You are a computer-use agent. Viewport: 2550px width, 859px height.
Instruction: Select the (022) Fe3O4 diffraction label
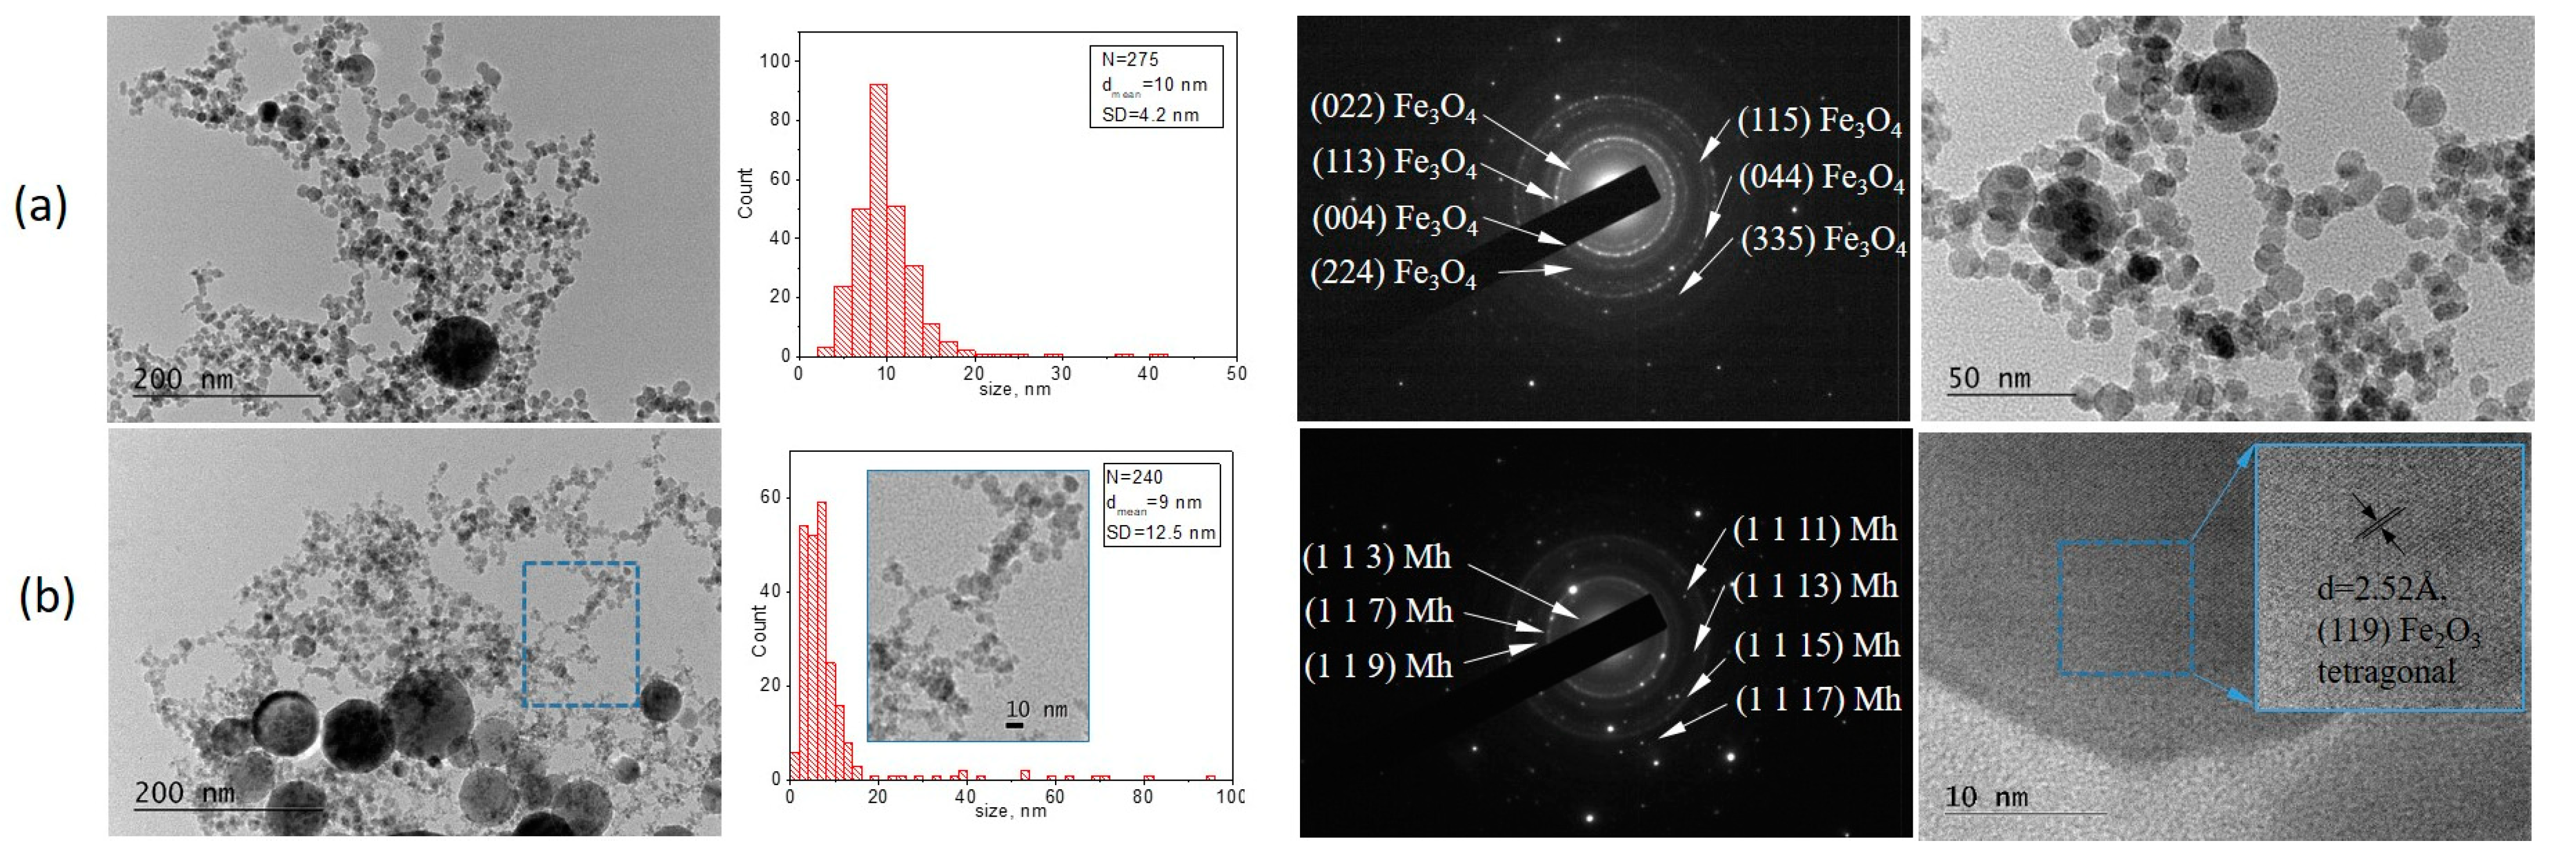point(1393,108)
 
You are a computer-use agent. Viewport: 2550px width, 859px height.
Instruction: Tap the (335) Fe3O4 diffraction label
point(1823,240)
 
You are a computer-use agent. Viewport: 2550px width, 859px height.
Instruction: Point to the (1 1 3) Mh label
point(1377,557)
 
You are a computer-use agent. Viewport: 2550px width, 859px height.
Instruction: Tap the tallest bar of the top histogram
point(877,218)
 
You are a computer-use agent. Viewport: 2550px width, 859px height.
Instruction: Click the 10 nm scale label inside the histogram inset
point(1036,710)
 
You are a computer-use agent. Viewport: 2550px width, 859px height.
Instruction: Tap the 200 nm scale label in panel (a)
point(183,379)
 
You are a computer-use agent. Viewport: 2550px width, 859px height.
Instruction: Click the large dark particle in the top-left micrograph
point(459,351)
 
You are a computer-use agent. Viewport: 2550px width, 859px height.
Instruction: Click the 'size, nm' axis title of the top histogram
point(1015,389)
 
